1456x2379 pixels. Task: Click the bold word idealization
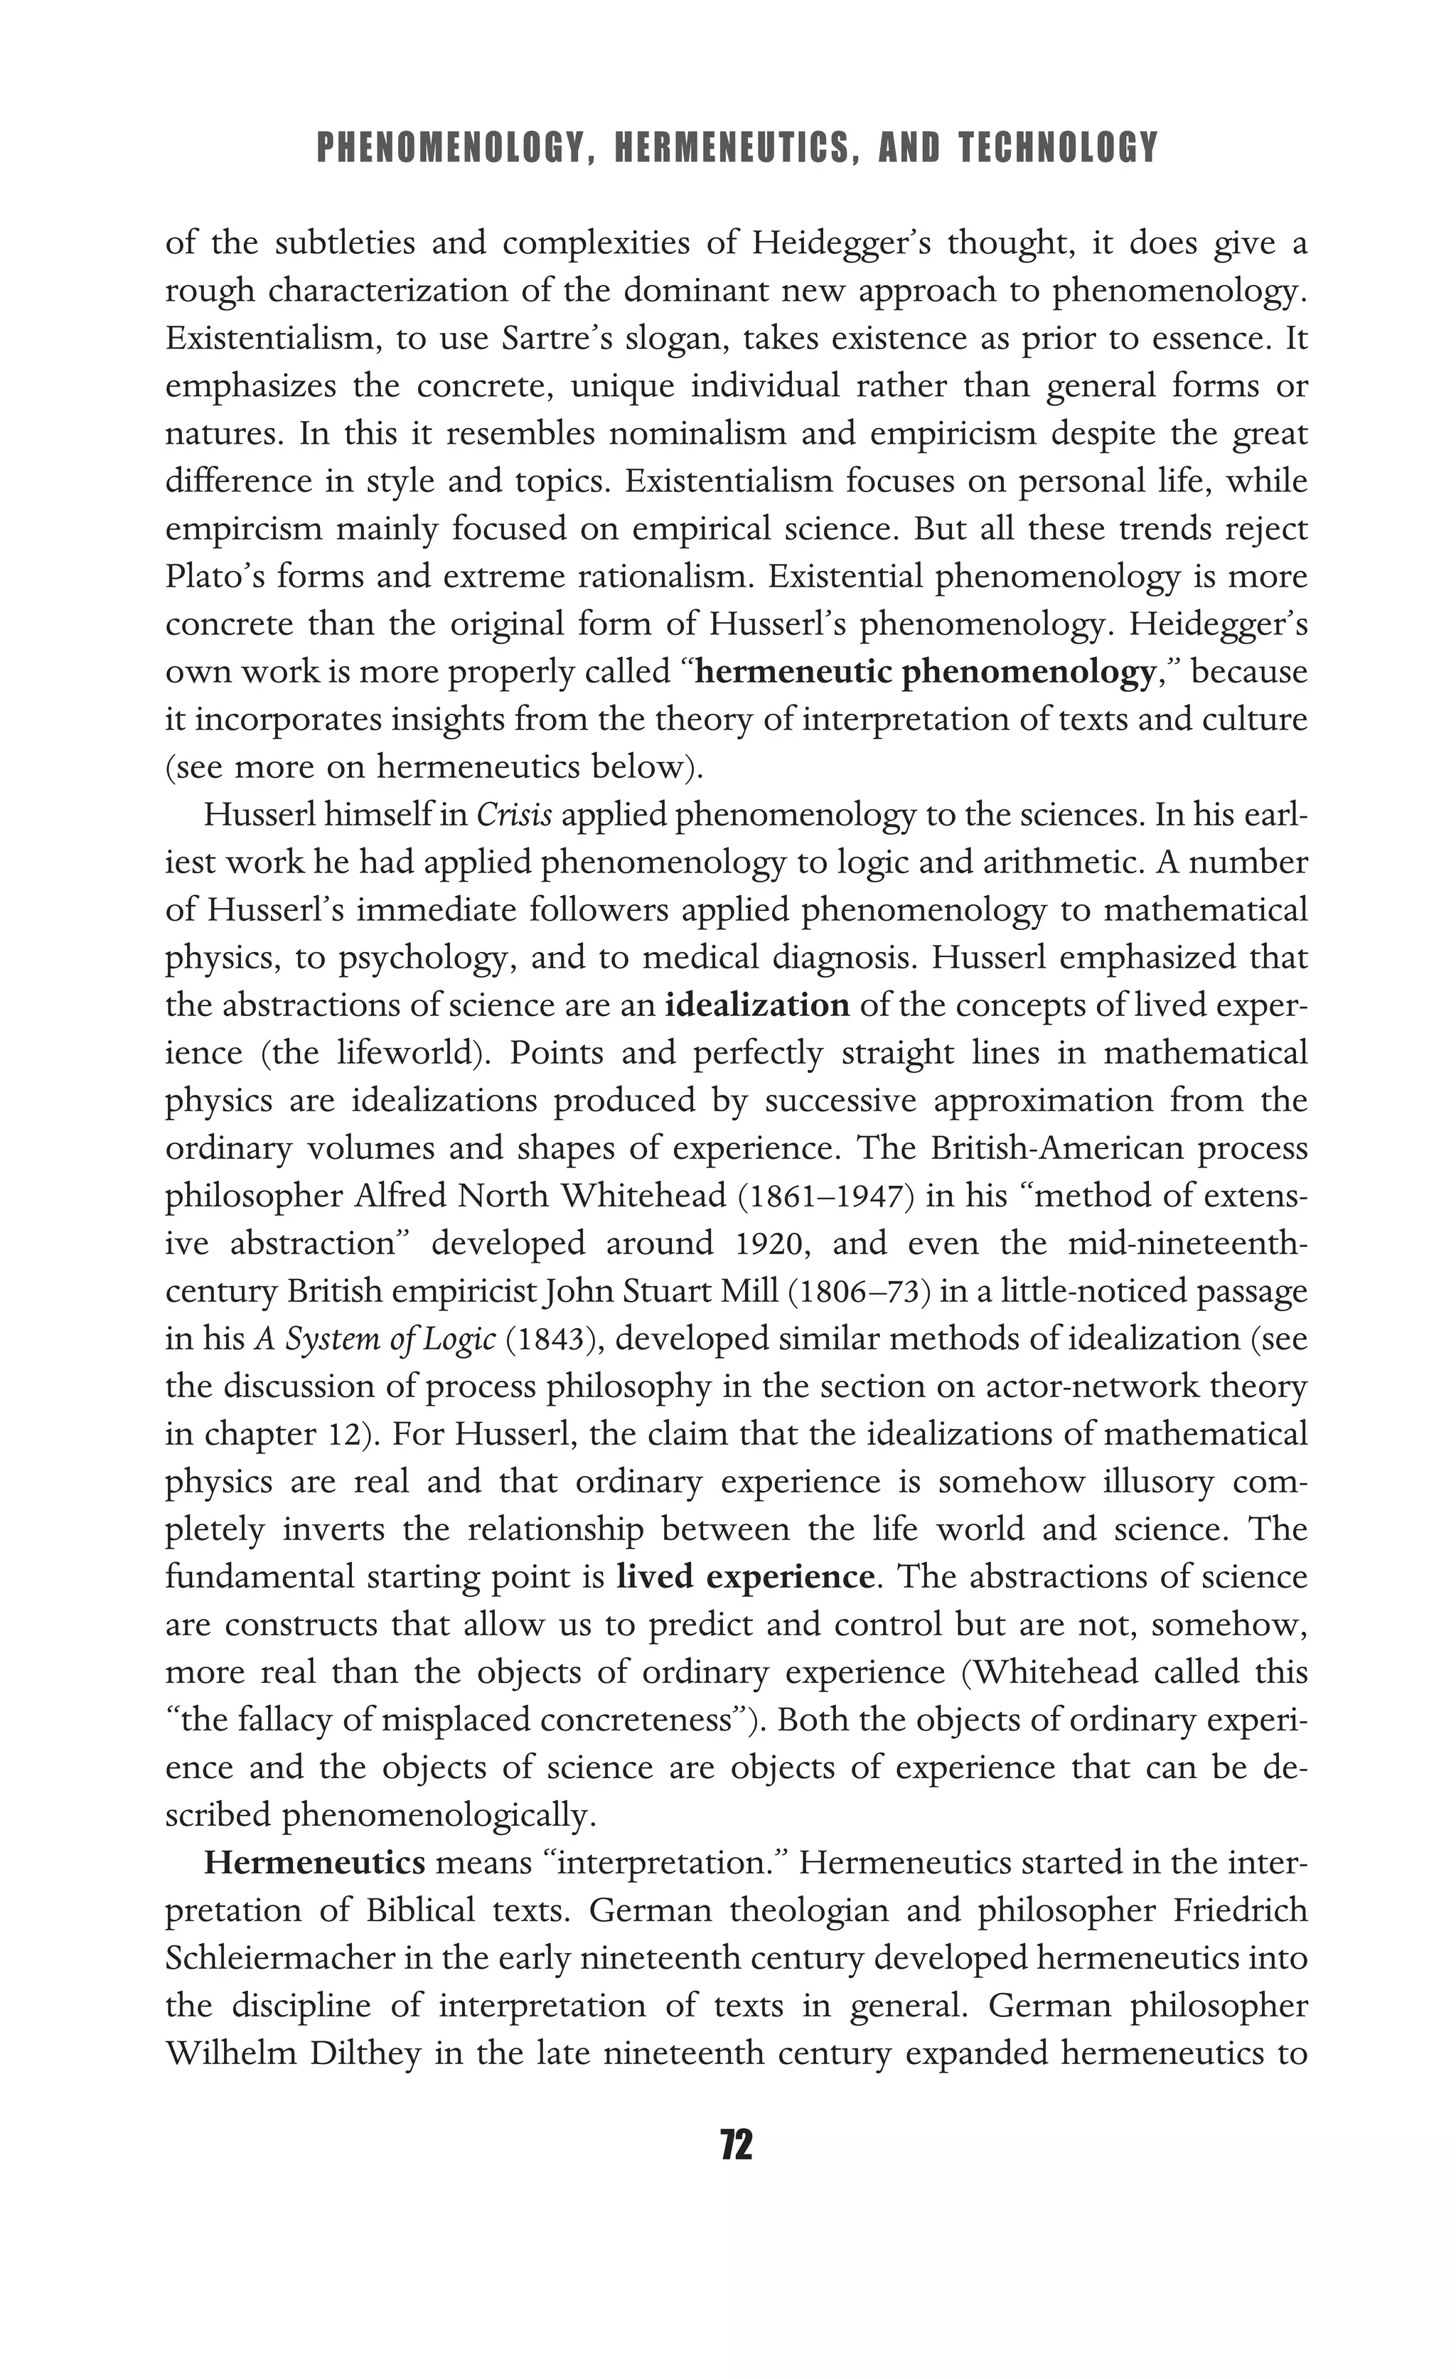[x=757, y=1006]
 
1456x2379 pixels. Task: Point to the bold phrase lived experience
[x=745, y=1578]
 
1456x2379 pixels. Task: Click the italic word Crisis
[x=515, y=816]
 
